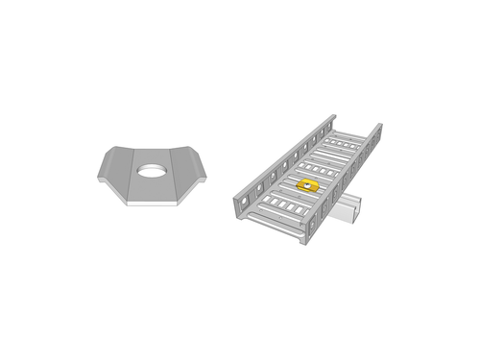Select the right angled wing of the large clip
point(191,170)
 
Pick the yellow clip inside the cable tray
point(307,184)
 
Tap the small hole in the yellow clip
point(307,183)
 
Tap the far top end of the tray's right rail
point(377,127)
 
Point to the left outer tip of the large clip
point(98,177)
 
